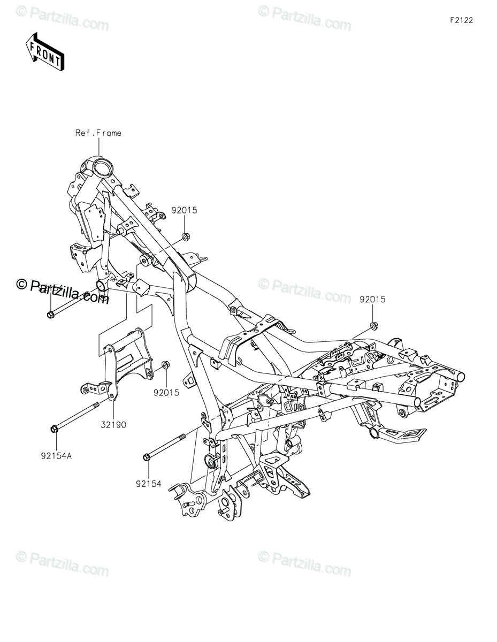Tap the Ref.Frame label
point(98,133)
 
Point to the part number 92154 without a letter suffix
point(148,483)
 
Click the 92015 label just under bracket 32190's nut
point(167,392)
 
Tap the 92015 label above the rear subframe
point(372,300)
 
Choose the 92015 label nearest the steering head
point(185,210)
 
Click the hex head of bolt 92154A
point(55,429)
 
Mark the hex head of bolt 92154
point(147,456)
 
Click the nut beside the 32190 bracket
point(166,365)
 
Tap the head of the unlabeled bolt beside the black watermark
point(50,315)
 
